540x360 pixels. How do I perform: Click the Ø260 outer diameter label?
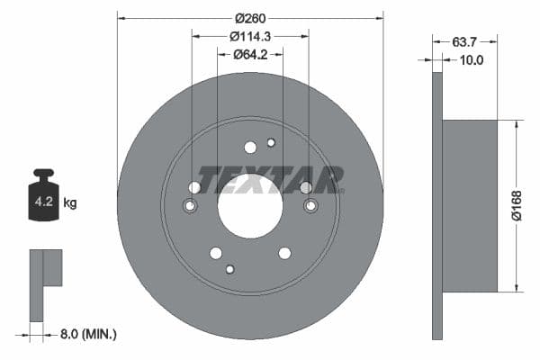[249, 18]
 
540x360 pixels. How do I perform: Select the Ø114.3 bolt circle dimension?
[249, 36]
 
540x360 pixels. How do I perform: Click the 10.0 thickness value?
[472, 60]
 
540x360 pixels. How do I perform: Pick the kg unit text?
[70, 203]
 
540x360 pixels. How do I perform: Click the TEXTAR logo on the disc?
[271, 179]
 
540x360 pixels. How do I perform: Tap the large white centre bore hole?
[249, 207]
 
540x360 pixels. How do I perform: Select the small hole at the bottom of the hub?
[230, 269]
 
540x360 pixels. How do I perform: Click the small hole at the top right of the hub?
[271, 142]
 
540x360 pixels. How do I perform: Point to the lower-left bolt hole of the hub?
[215, 253]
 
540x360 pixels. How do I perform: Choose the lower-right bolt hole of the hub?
[284, 253]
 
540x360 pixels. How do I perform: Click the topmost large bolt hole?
[250, 148]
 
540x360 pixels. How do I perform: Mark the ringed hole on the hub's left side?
[190, 206]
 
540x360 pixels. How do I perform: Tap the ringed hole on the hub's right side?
[310, 206]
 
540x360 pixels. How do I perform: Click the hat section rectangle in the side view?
[470, 205]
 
